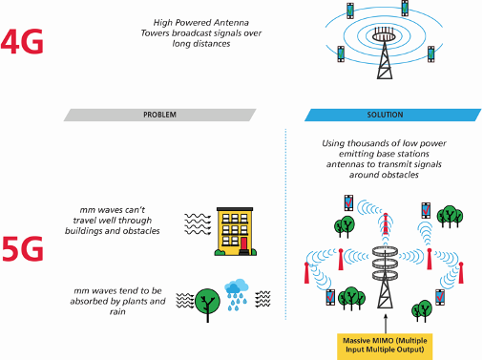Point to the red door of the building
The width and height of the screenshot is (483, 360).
point(243,244)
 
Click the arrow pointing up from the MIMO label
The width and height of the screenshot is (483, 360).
point(385,318)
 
